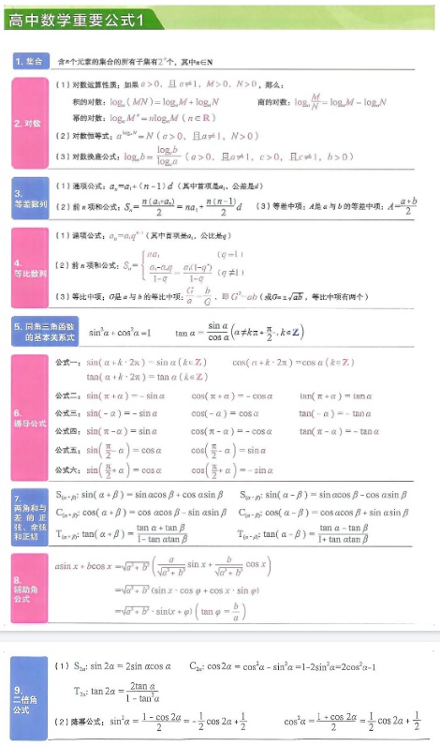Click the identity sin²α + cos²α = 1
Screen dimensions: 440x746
[x=120, y=333]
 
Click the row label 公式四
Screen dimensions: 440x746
[x=68, y=431]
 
